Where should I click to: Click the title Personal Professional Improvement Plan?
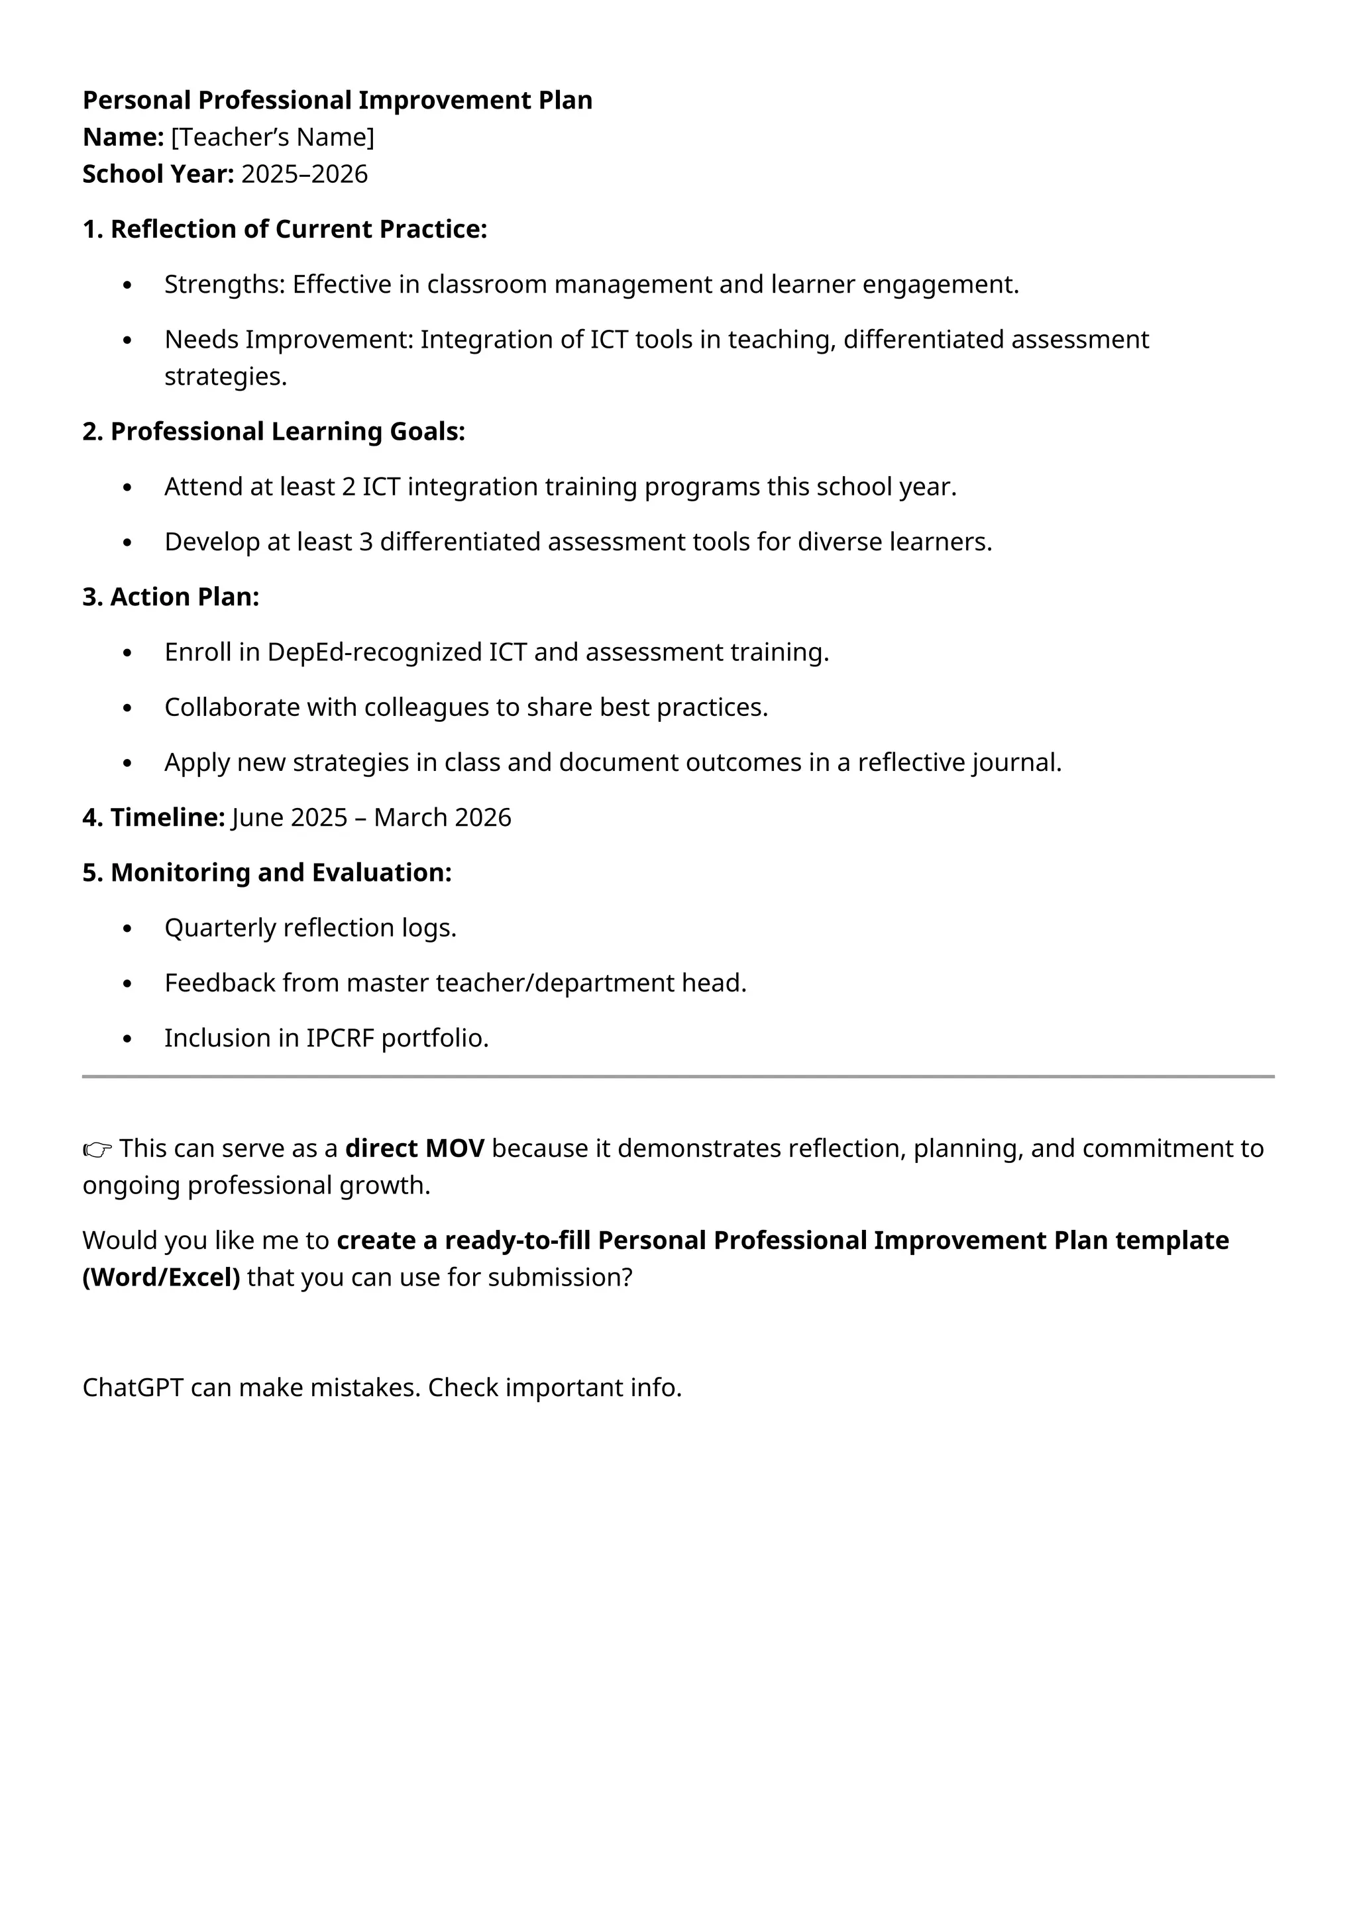337,100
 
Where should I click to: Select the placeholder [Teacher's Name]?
272,137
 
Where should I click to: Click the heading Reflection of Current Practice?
298,229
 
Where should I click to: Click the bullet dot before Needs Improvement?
127,340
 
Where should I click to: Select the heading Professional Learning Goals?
287,431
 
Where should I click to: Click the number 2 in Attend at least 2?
349,486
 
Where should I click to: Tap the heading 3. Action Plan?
172,597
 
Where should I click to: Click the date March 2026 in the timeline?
442,817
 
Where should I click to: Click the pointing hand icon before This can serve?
97,1150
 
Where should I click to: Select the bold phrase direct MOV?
414,1148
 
